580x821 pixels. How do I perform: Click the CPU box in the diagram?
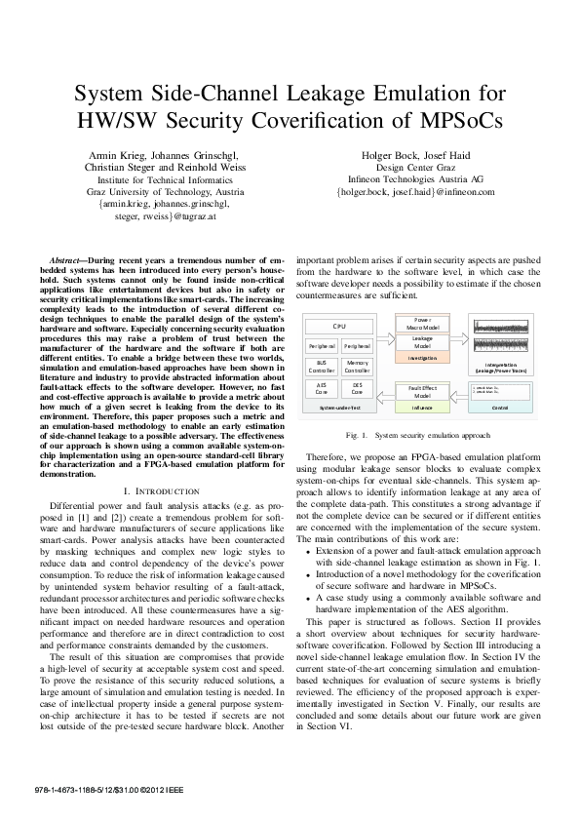click(339, 325)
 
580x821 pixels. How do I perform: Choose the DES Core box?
click(357, 389)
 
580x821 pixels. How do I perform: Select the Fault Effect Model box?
click(422, 391)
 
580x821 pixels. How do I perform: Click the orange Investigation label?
click(422, 359)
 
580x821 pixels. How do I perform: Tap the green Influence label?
click(422, 408)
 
